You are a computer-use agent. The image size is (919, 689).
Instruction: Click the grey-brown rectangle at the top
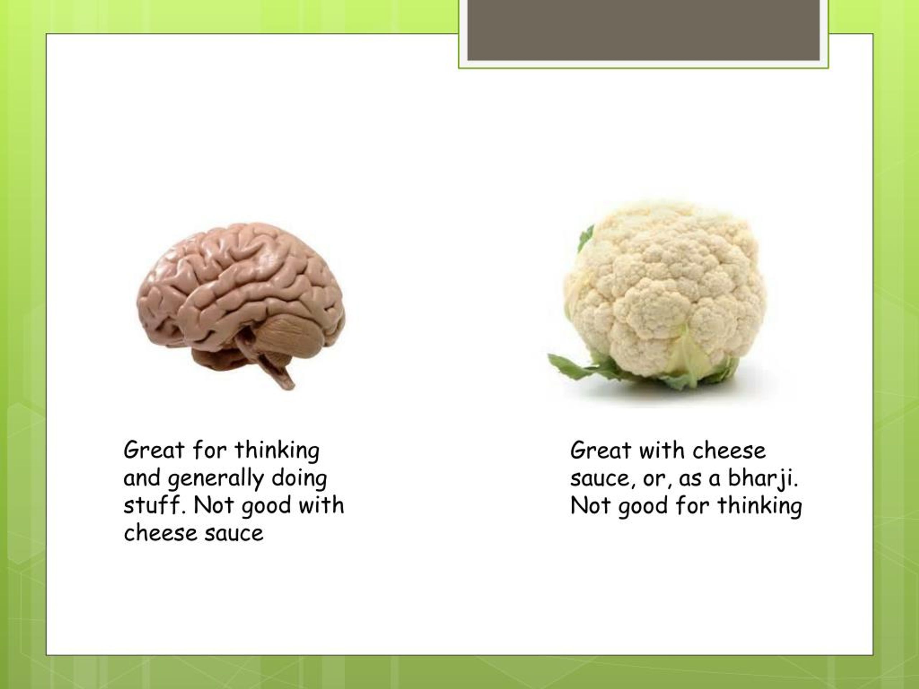644,30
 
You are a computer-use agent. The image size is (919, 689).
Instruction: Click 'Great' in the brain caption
154,450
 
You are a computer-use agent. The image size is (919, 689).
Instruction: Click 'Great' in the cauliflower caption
600,451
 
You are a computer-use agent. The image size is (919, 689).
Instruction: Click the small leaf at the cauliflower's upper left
586,237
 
